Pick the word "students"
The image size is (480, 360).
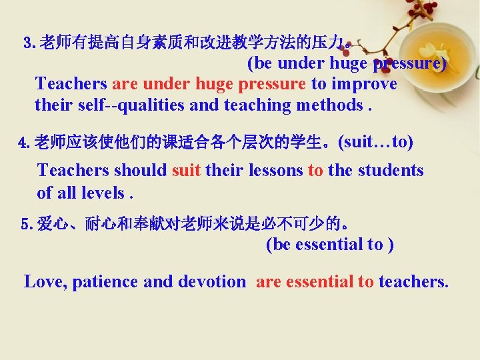(389, 170)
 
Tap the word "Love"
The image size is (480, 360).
(45, 281)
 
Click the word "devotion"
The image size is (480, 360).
(211, 281)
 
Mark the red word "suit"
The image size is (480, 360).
(187, 170)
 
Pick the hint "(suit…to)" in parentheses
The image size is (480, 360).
(375, 141)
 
